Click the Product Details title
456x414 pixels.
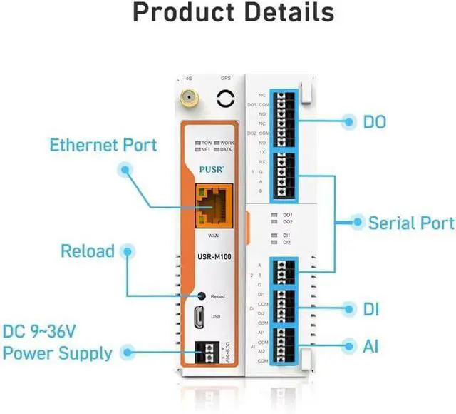click(233, 13)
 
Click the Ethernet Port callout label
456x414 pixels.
click(103, 145)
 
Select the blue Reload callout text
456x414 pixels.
click(87, 251)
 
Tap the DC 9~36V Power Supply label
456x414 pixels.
click(58, 343)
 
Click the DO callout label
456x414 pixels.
click(375, 122)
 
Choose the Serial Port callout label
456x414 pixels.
click(411, 223)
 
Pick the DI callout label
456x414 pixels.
click(370, 310)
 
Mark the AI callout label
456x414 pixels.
click(370, 347)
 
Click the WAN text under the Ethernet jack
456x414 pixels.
click(213, 235)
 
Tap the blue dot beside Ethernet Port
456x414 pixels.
click(125, 170)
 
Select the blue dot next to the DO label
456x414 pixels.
click(348, 122)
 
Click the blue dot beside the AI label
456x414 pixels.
click(348, 347)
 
